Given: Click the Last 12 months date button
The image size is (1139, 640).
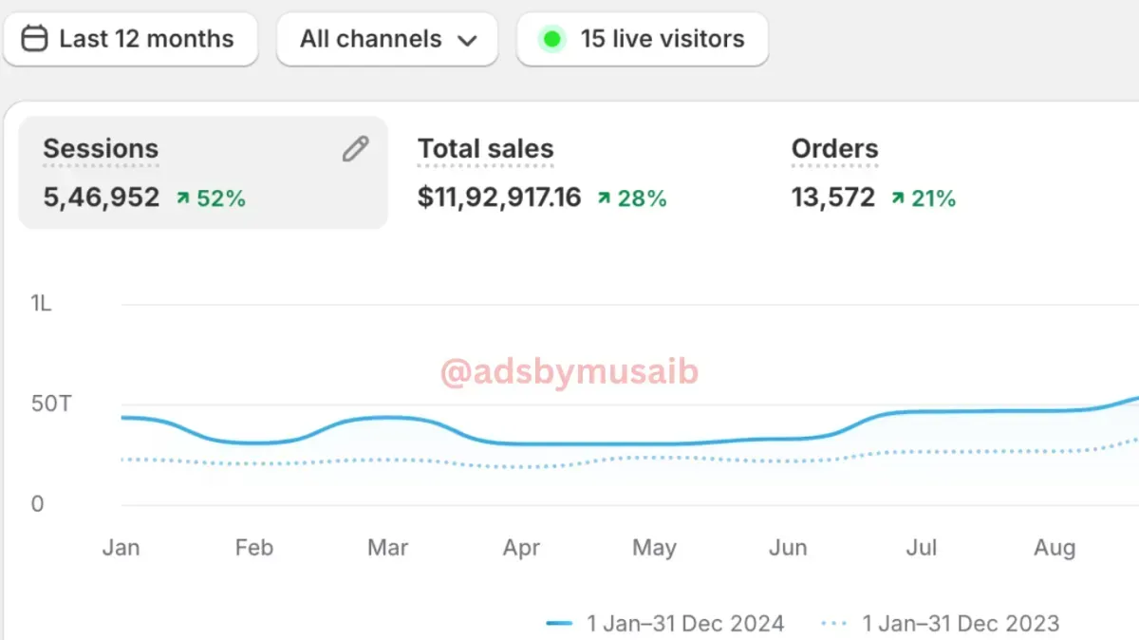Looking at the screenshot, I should [x=130, y=39].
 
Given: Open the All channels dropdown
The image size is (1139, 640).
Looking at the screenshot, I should [x=387, y=39].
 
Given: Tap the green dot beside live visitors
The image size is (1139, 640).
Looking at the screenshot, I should [x=551, y=39].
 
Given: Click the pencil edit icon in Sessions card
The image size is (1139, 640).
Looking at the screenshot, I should [x=355, y=149].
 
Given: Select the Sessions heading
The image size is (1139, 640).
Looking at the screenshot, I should [x=101, y=149].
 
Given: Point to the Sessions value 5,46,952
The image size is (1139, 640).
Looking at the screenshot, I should [x=102, y=198].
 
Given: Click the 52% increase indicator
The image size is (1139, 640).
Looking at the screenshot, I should [x=212, y=198].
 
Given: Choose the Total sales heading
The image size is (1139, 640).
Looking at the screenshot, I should [x=485, y=149].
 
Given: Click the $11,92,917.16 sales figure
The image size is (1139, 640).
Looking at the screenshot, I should [x=499, y=198].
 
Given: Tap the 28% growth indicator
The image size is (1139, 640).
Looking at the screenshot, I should [x=632, y=198].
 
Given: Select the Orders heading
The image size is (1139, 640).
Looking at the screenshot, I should [x=834, y=149].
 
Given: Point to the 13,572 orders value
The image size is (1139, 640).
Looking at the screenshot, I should [x=833, y=198].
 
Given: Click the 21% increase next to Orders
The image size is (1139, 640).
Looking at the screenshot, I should [x=924, y=198].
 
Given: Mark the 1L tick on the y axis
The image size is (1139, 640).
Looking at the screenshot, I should [x=41, y=304].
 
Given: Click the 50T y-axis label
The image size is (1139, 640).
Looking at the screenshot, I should [x=50, y=404].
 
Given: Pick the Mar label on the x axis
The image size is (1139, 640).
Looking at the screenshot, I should [x=387, y=548].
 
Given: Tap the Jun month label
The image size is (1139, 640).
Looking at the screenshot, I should [x=787, y=548].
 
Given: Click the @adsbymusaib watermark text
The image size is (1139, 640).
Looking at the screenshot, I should [x=569, y=372].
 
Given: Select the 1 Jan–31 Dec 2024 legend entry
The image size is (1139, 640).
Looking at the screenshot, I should [x=666, y=624].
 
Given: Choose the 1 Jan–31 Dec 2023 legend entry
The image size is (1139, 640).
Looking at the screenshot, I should [x=941, y=624].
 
